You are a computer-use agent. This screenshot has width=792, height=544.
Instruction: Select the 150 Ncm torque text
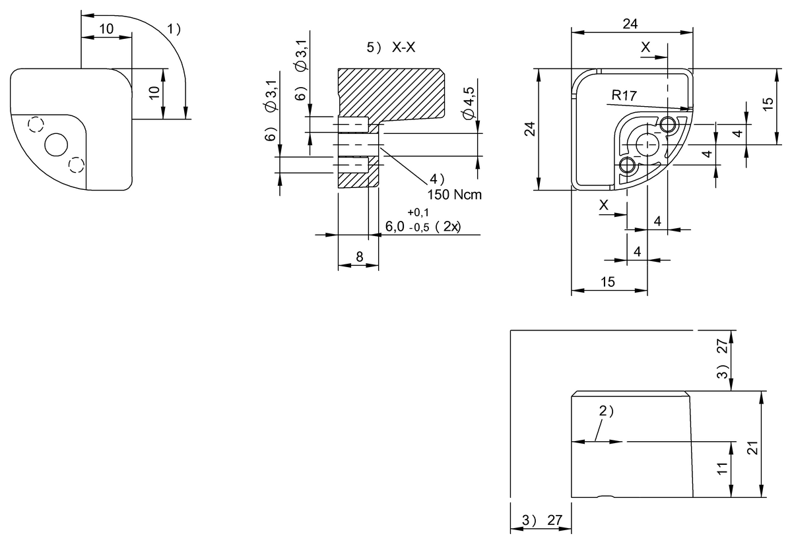455,195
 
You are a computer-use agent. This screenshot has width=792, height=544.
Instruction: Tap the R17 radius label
624,96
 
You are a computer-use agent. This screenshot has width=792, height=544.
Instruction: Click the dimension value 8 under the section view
358,257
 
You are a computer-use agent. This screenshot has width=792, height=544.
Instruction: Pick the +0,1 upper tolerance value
418,212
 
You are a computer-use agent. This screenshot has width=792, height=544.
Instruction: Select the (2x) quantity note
452,227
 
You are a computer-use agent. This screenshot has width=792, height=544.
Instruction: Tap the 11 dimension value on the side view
721,469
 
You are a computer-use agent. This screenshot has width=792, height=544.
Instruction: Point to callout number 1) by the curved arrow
174,29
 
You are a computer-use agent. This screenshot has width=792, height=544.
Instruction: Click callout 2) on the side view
606,411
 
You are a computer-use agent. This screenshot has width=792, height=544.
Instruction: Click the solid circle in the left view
56,144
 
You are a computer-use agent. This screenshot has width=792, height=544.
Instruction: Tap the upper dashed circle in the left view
36,124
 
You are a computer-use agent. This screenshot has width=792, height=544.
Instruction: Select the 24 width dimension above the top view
630,24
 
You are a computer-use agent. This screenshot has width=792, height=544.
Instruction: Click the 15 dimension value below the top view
609,282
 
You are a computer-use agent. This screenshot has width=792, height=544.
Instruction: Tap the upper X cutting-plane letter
645,47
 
